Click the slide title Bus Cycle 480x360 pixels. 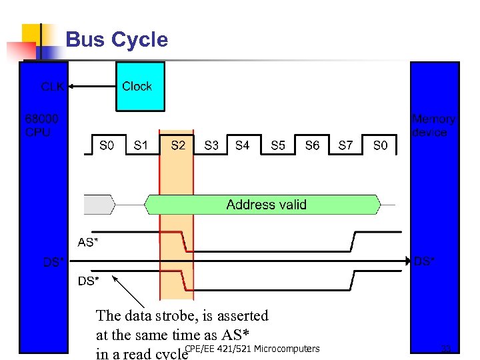coord(117,40)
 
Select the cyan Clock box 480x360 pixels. coord(140,86)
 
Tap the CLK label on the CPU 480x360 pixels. coord(53,87)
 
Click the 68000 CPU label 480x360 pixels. coord(41,125)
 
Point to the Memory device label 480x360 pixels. coord(433,125)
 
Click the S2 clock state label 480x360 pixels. coord(178,145)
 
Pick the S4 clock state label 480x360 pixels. coord(243,145)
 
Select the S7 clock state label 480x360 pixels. coord(345,145)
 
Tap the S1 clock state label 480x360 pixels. coord(141,145)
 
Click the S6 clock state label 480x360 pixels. coord(312,145)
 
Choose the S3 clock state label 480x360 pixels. coord(211,145)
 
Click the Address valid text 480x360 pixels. coord(266,205)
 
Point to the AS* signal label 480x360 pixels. coord(88,242)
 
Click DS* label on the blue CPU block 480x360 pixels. coord(54,262)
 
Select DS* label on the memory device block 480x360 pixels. coord(425,261)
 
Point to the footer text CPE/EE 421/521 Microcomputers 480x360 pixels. coord(252,349)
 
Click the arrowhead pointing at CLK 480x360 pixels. coord(72,86)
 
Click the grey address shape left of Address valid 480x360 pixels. coord(98,205)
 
